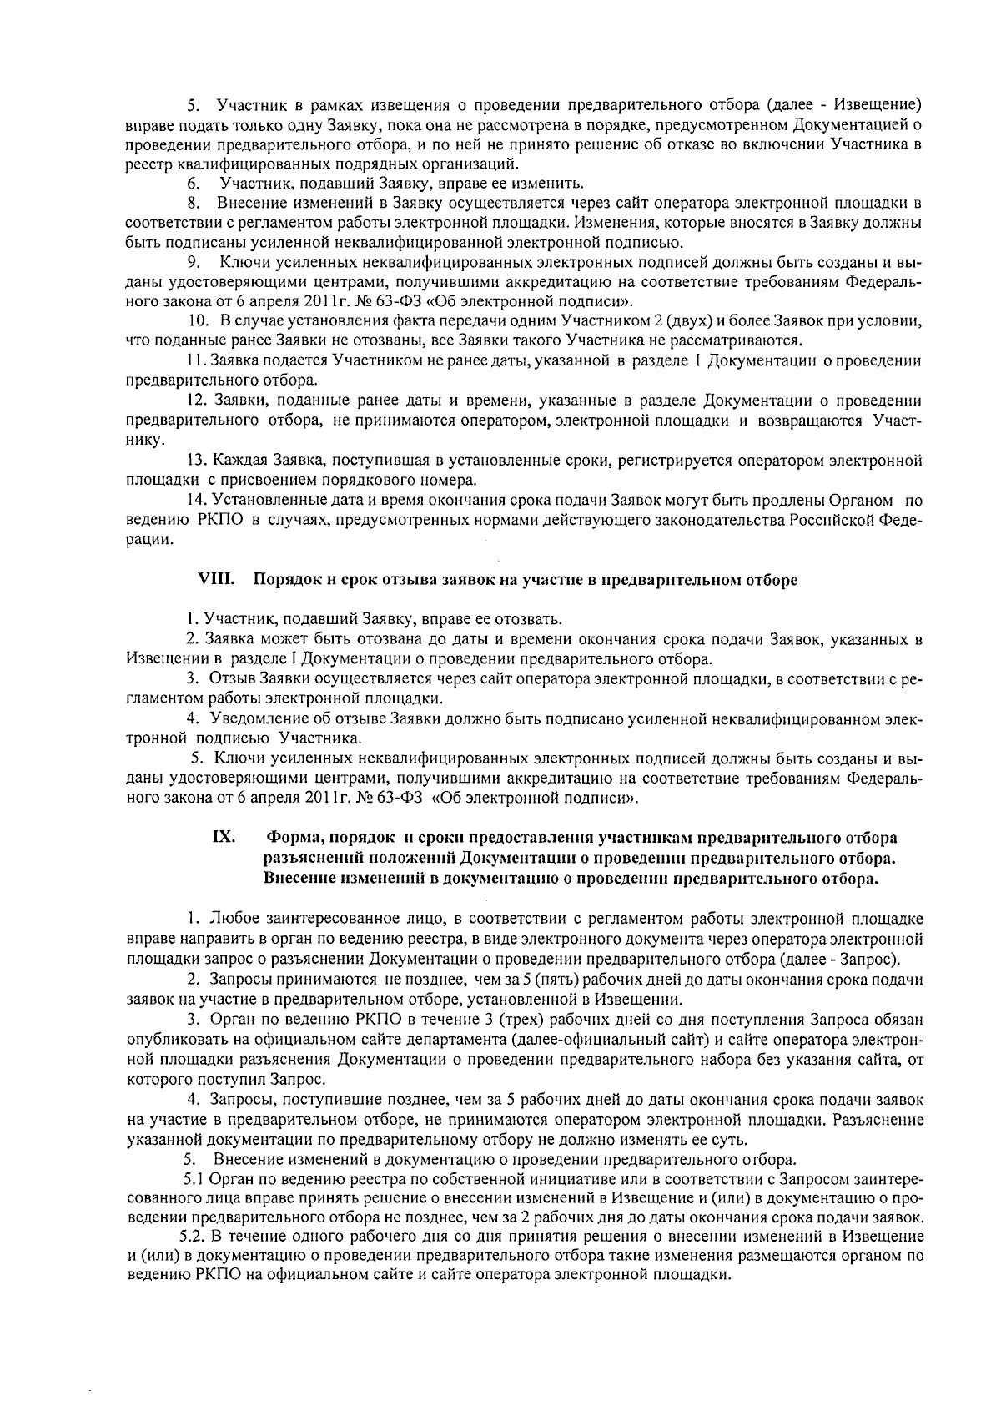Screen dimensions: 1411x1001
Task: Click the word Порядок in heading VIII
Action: point(284,580)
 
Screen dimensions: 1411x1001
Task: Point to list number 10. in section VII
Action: point(198,320)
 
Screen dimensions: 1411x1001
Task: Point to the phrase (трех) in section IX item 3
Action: point(529,1019)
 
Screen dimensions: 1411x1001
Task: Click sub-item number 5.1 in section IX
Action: point(193,1179)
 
